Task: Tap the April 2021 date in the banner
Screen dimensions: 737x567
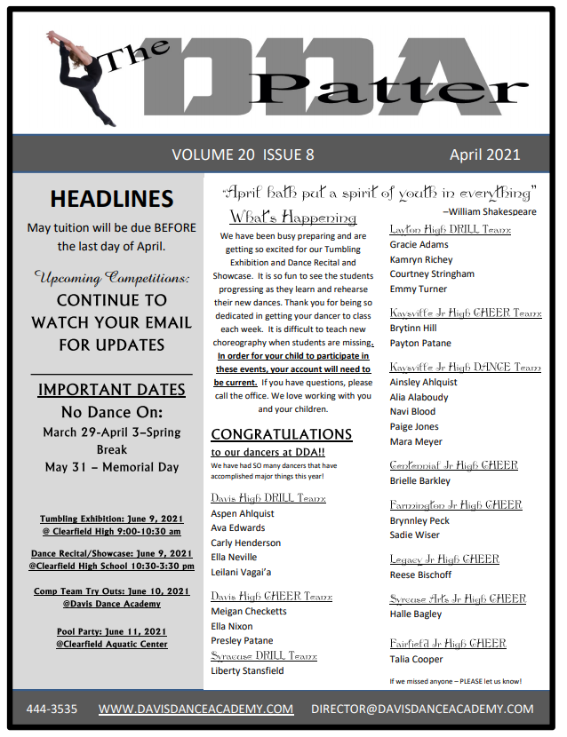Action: pyautogui.click(x=484, y=155)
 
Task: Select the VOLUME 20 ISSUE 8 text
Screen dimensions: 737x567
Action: pyautogui.click(x=243, y=155)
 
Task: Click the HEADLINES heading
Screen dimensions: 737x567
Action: pyautogui.click(x=111, y=199)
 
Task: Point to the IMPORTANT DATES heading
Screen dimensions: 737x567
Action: pyautogui.click(x=111, y=390)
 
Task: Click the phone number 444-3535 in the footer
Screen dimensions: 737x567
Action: pyautogui.click(x=51, y=709)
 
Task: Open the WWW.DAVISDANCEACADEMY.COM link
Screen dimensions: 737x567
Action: pyautogui.click(x=196, y=709)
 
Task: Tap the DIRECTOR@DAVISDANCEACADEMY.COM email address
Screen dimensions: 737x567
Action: pyautogui.click(x=422, y=709)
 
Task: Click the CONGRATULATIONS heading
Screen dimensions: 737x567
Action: pyautogui.click(x=281, y=434)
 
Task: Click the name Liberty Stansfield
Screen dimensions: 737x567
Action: pyautogui.click(x=247, y=670)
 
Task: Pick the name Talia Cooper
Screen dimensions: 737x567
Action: pyautogui.click(x=416, y=659)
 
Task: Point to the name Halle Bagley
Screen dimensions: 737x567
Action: pyautogui.click(x=415, y=614)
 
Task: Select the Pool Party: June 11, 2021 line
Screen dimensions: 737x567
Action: pyautogui.click(x=111, y=631)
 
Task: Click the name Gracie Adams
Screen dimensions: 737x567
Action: pyautogui.click(x=419, y=244)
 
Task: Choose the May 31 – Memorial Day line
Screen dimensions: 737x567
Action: pyautogui.click(x=111, y=467)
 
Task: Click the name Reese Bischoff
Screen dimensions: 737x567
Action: pyautogui.click(x=419, y=575)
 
